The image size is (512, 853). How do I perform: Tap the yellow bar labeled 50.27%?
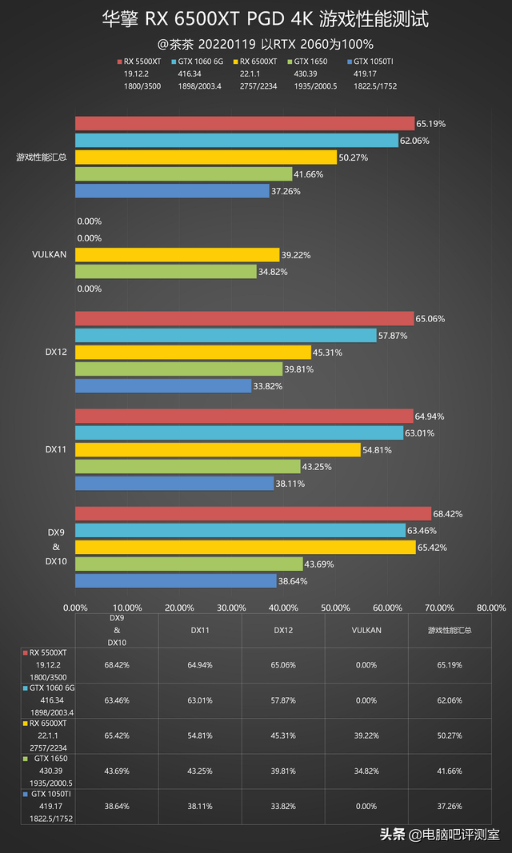[x=206, y=157]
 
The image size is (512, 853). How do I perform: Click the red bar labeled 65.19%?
[x=245, y=124]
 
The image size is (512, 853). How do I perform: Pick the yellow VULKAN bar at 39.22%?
[x=177, y=254]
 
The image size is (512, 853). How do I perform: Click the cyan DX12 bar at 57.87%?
[x=226, y=336]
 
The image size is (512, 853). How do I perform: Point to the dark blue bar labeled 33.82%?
[x=163, y=386]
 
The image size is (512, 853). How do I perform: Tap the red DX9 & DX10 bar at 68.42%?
[x=253, y=513]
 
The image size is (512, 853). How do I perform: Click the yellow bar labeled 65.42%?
[x=245, y=548]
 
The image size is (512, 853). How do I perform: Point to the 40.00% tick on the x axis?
[x=283, y=607]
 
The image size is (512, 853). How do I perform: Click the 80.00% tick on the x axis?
[x=490, y=607]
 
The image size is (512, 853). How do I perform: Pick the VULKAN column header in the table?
[x=366, y=630]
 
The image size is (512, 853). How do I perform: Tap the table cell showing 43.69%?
[x=117, y=772]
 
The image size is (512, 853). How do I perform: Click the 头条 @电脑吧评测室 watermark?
[x=439, y=835]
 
